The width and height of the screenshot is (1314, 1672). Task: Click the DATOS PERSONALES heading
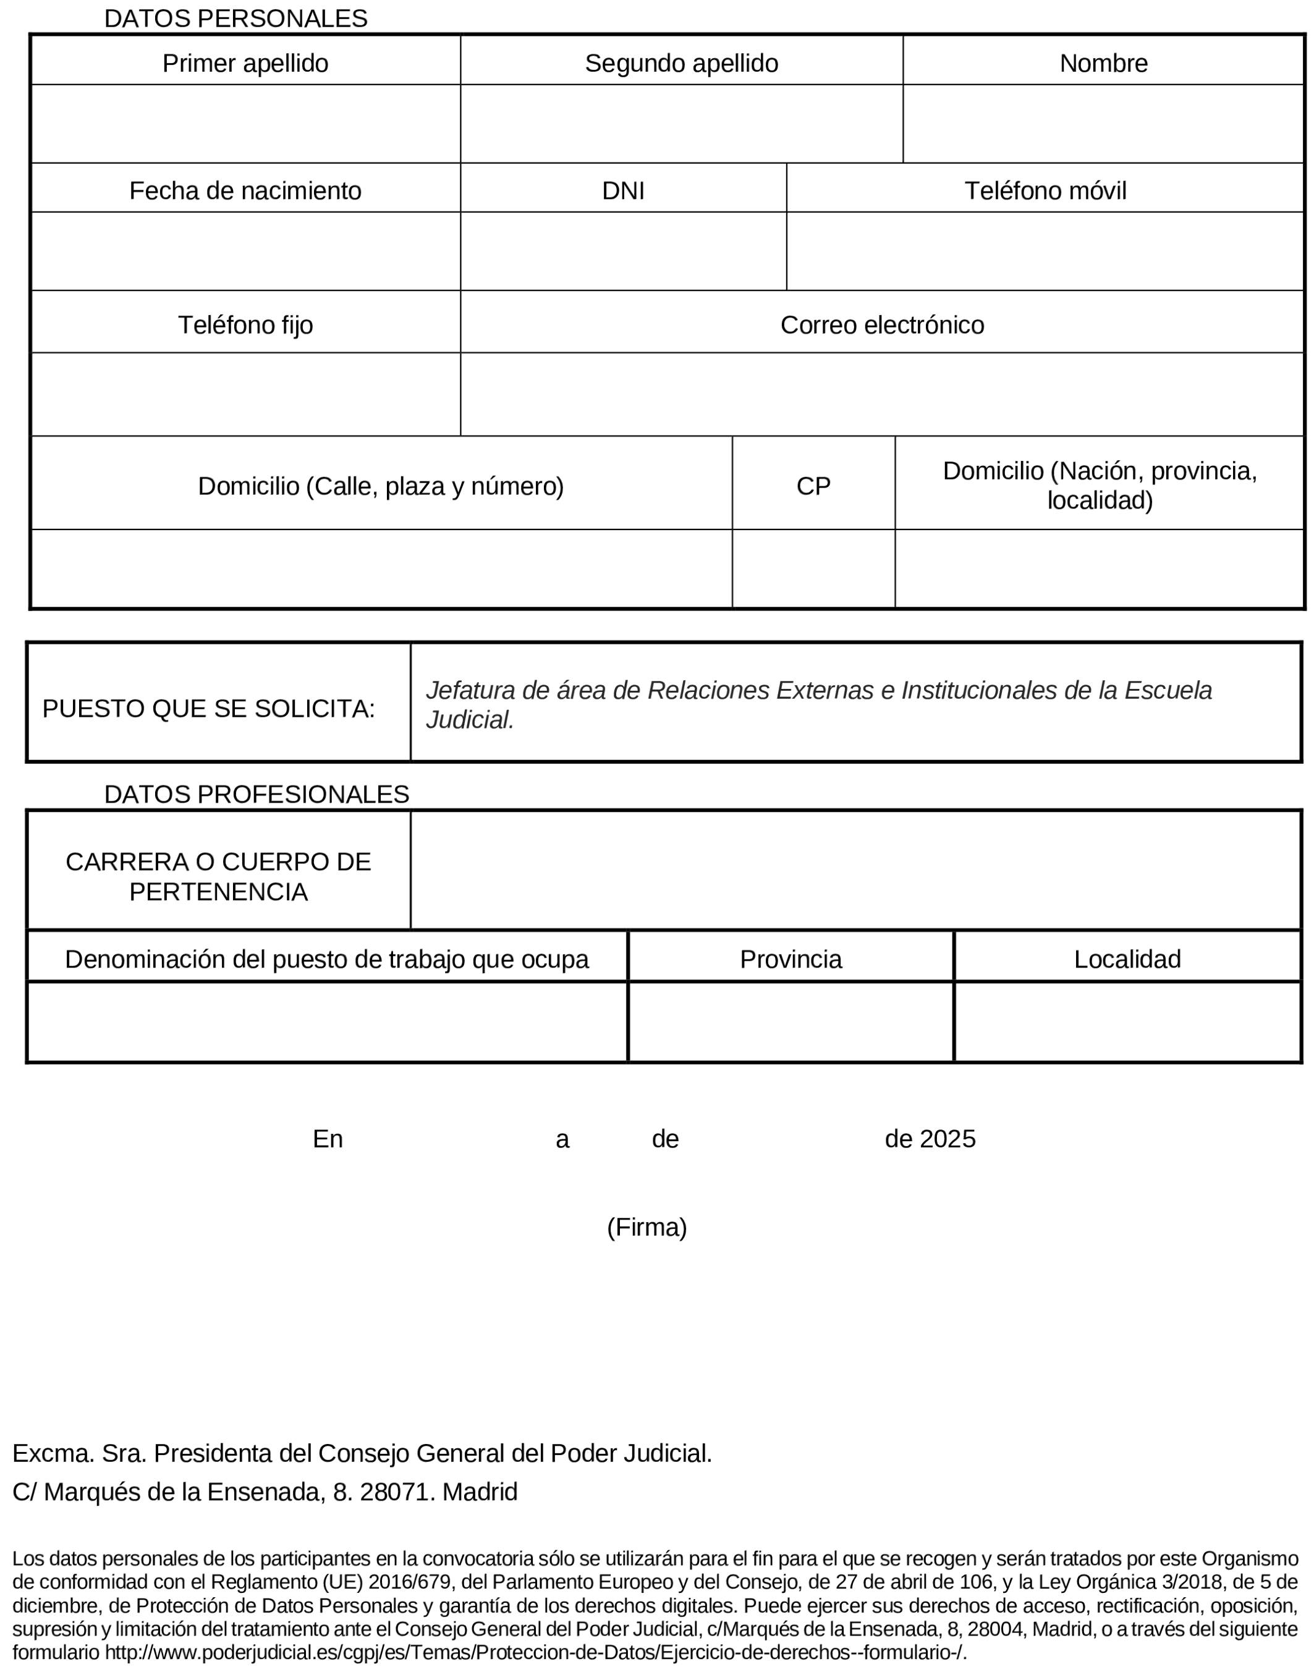(x=235, y=19)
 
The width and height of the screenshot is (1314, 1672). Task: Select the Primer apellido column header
(x=245, y=63)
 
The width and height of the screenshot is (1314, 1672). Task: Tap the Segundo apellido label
(x=681, y=63)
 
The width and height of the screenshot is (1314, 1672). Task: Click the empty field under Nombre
(x=1103, y=124)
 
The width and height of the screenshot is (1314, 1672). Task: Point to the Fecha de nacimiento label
(x=245, y=191)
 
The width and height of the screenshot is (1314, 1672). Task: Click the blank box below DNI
(x=623, y=251)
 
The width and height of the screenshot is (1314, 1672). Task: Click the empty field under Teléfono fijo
(x=245, y=395)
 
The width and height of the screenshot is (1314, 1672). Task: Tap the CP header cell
(x=813, y=486)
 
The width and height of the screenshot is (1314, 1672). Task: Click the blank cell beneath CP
(x=813, y=568)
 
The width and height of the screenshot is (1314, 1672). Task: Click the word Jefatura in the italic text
(x=470, y=691)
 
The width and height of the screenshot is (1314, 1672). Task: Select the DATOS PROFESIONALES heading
(x=256, y=794)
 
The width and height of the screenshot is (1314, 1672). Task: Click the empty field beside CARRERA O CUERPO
(x=855, y=870)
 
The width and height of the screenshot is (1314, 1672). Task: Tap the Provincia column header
(x=791, y=959)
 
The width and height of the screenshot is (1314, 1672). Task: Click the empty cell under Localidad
(x=1127, y=1022)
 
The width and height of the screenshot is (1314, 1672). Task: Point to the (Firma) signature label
(x=647, y=1228)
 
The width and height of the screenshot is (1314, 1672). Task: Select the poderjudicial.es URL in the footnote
(x=535, y=1653)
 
